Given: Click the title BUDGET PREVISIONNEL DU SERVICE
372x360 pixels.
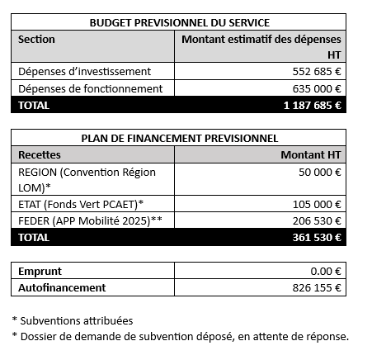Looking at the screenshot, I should (179, 22).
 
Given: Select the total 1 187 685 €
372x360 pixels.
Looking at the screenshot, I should (313, 105).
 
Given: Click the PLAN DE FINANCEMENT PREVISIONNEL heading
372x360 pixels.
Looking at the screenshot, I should (179, 138).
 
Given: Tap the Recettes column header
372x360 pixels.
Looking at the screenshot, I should (39, 154).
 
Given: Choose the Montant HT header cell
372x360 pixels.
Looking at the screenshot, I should (311, 154).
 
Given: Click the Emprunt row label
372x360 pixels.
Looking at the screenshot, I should (40, 271).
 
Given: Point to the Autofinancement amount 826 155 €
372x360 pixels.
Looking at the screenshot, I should (318, 287).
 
